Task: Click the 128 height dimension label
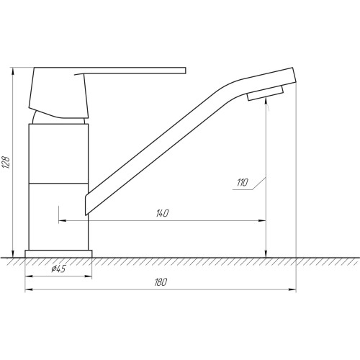6,163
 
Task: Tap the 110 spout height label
243,183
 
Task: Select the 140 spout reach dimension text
163,213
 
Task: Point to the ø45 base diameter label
58,269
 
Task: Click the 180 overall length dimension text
161,282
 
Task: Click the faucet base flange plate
58,254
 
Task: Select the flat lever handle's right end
186,71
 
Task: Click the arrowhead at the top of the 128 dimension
13,71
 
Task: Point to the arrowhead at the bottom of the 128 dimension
13,253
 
